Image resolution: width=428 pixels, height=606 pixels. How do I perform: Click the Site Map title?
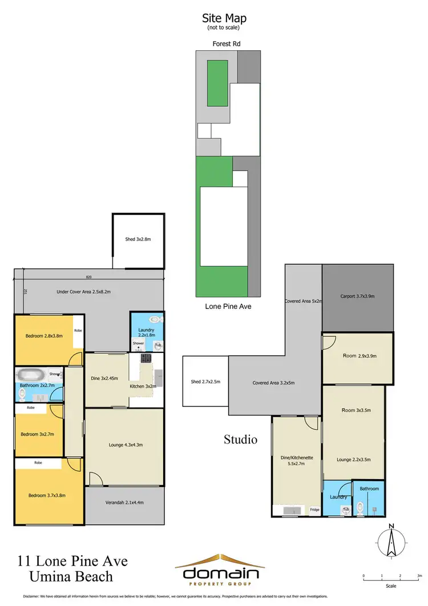click(x=224, y=19)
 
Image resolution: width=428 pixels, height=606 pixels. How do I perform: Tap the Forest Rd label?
click(x=224, y=42)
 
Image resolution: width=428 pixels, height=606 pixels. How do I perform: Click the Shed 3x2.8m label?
click(x=138, y=239)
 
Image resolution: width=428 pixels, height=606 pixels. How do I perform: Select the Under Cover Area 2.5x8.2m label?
click(x=83, y=291)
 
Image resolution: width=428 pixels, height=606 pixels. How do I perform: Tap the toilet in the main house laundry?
click(x=153, y=320)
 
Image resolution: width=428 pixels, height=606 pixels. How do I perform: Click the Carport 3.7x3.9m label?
click(x=357, y=296)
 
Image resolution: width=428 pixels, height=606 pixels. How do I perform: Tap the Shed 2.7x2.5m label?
click(x=205, y=382)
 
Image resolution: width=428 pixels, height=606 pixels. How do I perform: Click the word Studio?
click(x=240, y=439)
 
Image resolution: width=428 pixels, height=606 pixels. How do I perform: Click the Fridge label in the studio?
click(x=314, y=509)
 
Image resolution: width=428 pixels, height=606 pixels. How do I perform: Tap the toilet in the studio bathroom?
click(x=360, y=506)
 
